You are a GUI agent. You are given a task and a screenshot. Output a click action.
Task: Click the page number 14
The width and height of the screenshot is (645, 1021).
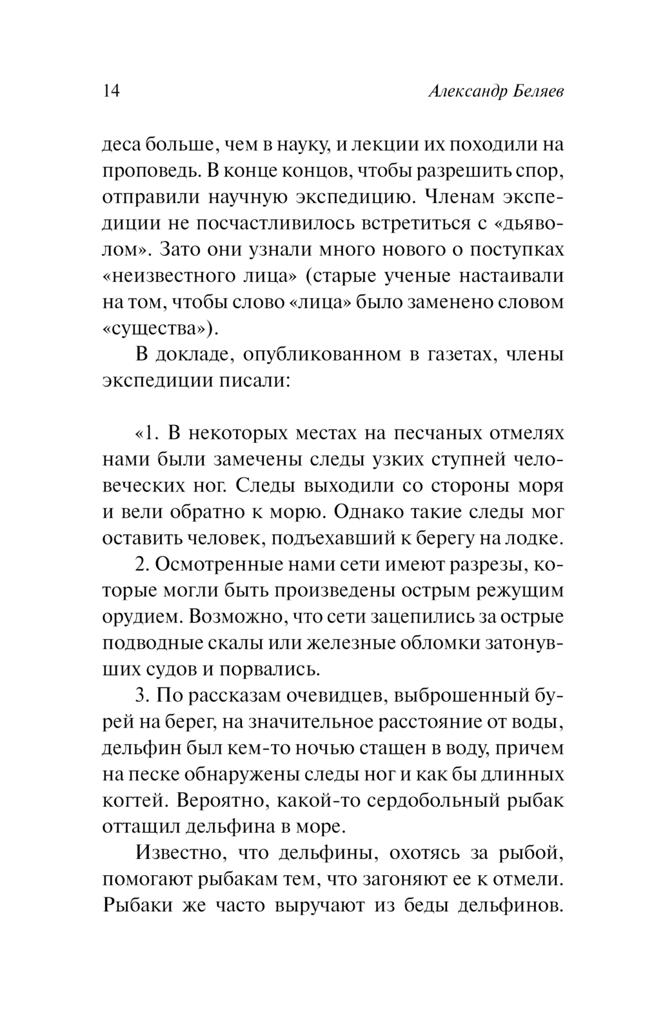[x=111, y=91]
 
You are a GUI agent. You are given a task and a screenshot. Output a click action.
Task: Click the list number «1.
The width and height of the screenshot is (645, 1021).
[x=148, y=433]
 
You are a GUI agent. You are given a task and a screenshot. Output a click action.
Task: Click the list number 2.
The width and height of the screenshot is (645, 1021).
[x=143, y=564]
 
